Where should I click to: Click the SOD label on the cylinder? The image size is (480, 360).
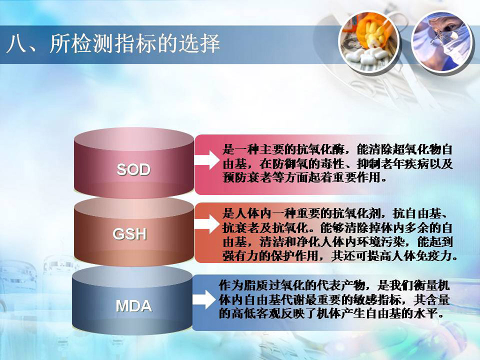[133, 169]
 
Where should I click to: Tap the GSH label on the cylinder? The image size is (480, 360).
[129, 234]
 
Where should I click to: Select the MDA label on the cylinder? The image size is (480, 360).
[134, 306]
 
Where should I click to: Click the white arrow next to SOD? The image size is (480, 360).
[206, 159]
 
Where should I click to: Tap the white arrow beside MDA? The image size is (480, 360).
[203, 299]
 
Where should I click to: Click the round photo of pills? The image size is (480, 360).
[369, 41]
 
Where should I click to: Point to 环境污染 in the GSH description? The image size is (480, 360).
[380, 242]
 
